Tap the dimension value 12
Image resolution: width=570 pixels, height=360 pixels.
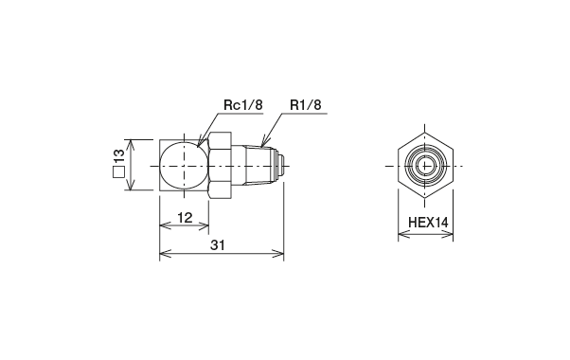[x=185, y=218]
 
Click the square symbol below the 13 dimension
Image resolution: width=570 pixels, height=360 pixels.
[x=119, y=173]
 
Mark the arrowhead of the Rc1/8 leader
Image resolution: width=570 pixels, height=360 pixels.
[x=201, y=143]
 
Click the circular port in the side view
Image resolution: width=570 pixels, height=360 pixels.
[x=182, y=166]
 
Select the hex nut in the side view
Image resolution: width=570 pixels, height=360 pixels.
[x=220, y=166]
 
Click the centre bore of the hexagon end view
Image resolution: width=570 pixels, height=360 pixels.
[x=424, y=166]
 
